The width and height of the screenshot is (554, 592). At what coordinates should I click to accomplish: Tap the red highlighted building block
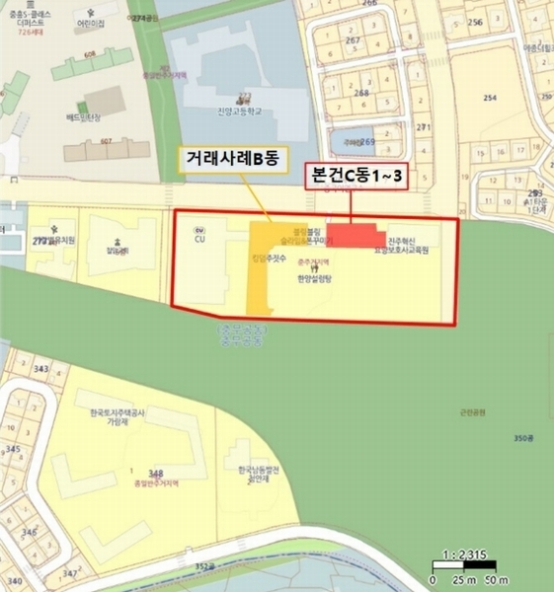[356, 236]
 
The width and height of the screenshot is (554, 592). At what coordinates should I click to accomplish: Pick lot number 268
[360, 94]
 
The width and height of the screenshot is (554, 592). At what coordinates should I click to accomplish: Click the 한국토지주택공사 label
[110, 413]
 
